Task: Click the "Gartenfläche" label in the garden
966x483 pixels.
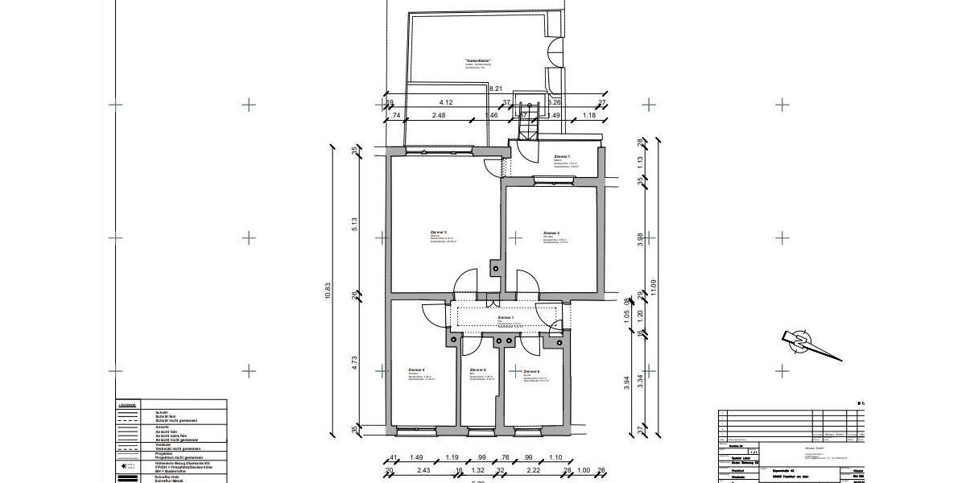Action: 478,61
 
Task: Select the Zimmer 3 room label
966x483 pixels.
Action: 439,232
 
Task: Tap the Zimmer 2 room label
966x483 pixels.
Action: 551,233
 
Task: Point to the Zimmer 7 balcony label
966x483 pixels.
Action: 562,157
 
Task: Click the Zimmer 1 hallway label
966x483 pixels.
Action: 506,319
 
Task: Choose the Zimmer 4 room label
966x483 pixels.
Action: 416,370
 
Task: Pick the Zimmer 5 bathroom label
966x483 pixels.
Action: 477,371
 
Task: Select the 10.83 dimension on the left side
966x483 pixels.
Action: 328,295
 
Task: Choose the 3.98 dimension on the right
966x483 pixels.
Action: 640,240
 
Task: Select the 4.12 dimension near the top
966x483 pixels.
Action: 446,102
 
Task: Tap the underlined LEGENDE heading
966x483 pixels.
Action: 127,405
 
